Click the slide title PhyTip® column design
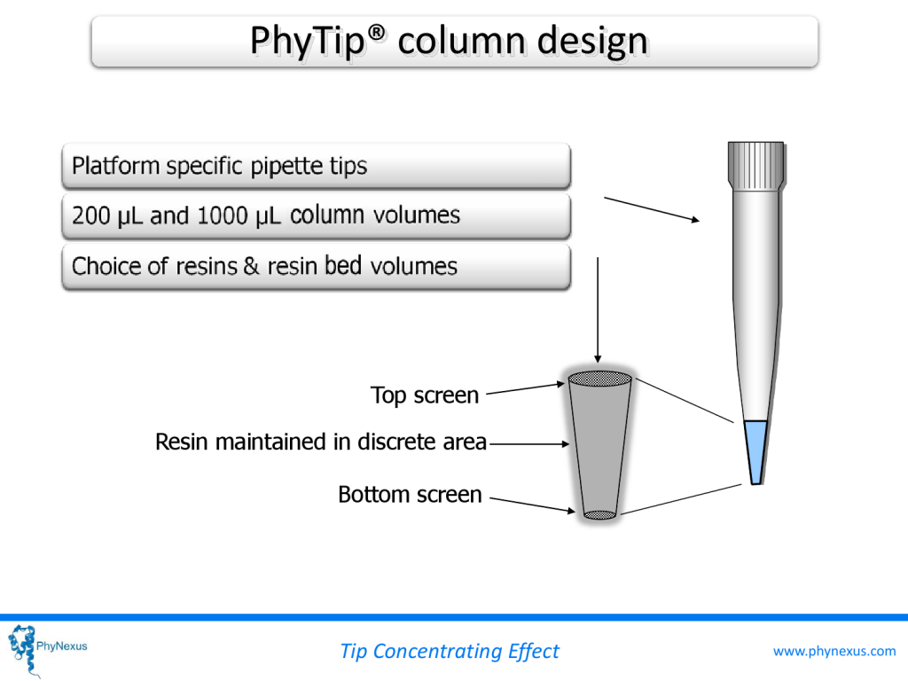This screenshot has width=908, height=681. (448, 42)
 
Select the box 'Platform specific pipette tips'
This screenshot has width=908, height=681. (315, 166)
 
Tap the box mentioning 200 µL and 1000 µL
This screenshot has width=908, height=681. (315, 215)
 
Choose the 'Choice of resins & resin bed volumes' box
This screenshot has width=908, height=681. (315, 266)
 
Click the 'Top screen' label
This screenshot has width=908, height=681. (424, 395)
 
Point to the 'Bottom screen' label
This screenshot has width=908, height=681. (410, 494)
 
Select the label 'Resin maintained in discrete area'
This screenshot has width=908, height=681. (320, 441)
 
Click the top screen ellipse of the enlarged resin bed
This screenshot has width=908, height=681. (599, 379)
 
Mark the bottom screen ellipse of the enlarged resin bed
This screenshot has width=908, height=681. (599, 514)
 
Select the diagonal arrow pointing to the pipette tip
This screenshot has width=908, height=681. (653, 210)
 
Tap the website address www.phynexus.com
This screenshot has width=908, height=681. (834, 651)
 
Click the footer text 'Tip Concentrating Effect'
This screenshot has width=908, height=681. (449, 651)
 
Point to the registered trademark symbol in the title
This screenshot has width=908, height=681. (376, 34)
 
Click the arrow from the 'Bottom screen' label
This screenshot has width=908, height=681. (533, 504)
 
